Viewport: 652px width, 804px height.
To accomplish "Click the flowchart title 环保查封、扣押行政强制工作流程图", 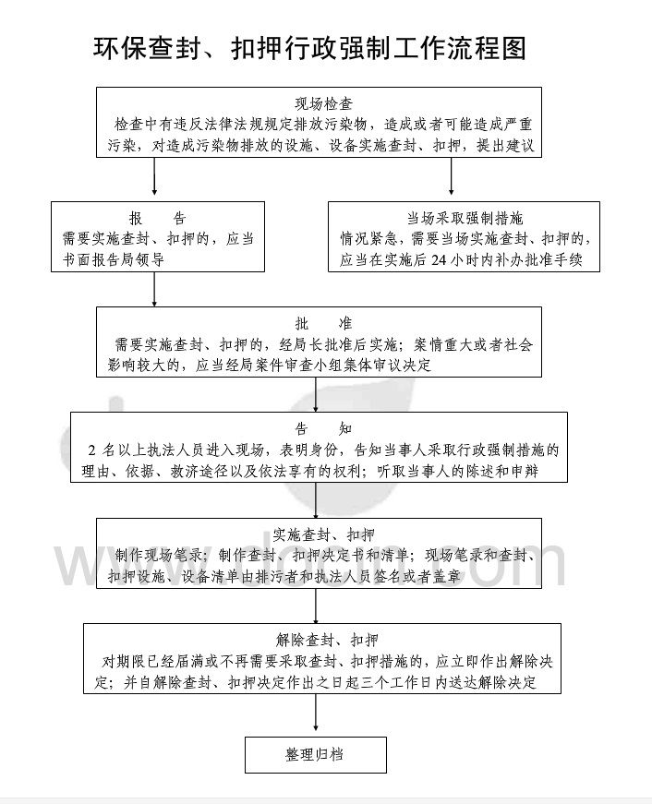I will coord(310,48).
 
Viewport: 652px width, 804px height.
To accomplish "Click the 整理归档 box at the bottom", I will coord(315,754).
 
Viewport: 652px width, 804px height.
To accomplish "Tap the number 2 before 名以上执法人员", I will coord(92,450).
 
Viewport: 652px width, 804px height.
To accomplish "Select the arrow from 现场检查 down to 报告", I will coord(154,177).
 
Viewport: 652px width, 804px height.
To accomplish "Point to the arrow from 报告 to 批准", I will coord(154,288).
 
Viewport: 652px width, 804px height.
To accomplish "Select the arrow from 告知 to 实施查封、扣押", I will coord(316,498).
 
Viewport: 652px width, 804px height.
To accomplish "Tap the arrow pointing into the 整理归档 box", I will coord(316,715).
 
